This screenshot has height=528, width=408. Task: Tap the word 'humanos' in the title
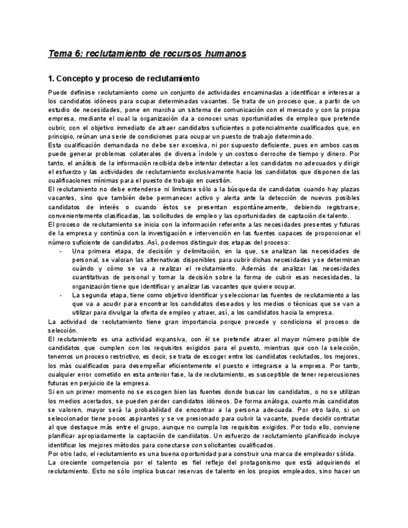[x=224, y=54]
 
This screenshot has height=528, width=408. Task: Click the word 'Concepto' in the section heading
[x=75, y=79]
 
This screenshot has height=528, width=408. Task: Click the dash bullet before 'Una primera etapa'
[x=60, y=252]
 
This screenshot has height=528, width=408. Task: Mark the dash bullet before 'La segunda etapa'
[x=60, y=295]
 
